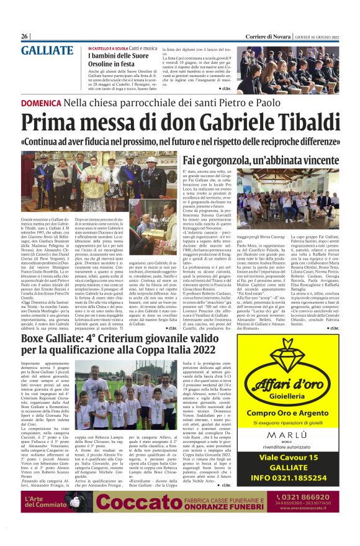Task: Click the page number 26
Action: coord(25,36)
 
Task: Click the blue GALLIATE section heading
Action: coord(47,52)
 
